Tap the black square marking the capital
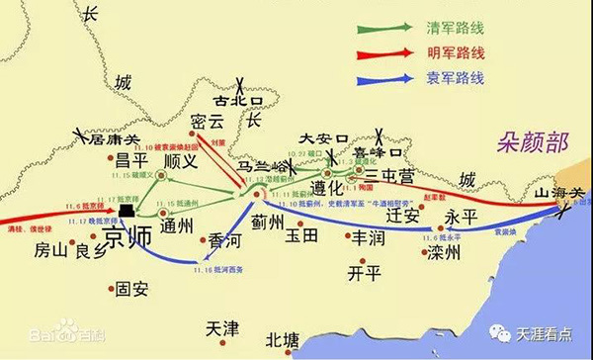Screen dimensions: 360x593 coord(127,217)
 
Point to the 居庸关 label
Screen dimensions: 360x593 coord(111,141)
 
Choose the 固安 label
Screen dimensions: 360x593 coord(133,290)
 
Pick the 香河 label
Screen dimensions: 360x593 coord(220,241)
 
